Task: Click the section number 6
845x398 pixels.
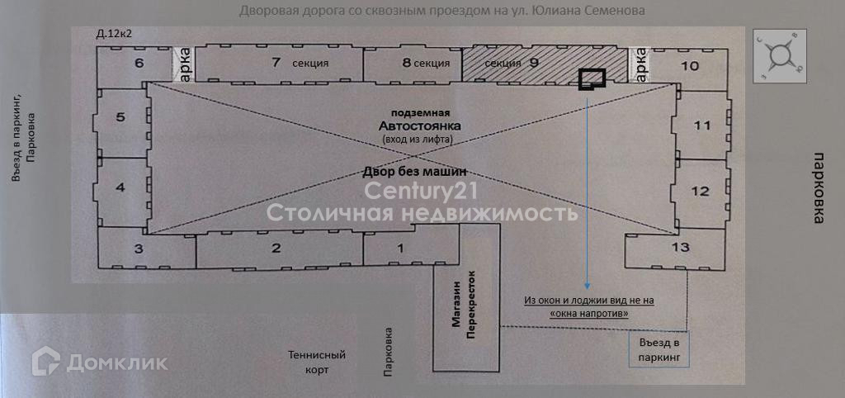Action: [x=139, y=63]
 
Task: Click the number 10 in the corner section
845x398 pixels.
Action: [x=691, y=65]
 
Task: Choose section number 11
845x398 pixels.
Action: [x=701, y=126]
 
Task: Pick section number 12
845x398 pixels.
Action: [x=699, y=191]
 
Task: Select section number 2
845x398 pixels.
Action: [x=276, y=248]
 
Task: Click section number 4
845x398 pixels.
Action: [x=120, y=187]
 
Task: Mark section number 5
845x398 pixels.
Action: [x=120, y=117]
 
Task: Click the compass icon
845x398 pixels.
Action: [x=780, y=55]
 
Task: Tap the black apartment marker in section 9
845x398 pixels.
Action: [x=592, y=78]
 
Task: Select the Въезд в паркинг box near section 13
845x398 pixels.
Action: [x=658, y=350]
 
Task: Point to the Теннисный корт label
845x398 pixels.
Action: [x=317, y=362]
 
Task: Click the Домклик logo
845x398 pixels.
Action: [x=100, y=361]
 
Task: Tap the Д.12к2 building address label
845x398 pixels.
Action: [x=114, y=34]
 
